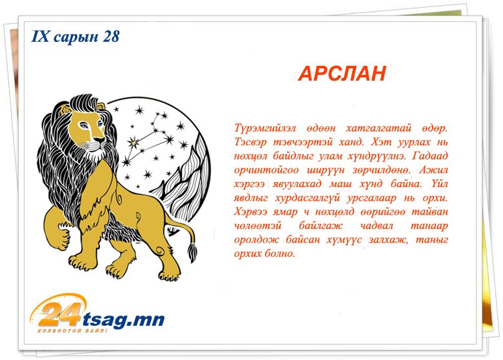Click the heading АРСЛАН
(x=342, y=74)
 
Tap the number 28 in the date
(x=111, y=37)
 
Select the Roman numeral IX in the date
(x=41, y=36)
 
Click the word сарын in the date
(x=75, y=37)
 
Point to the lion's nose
(x=100, y=139)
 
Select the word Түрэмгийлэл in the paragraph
(x=265, y=128)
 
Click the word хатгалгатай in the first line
(x=379, y=128)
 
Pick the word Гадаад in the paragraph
(x=430, y=156)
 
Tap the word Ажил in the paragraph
(x=433, y=170)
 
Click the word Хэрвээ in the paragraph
(x=250, y=212)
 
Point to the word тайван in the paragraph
(x=429, y=212)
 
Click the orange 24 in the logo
(x=60, y=315)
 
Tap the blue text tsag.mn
(x=124, y=319)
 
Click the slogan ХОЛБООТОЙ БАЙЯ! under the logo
(x=72, y=330)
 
